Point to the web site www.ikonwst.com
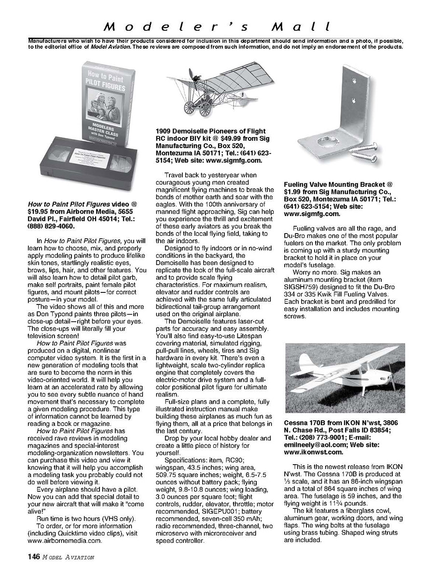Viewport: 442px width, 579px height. tap(314, 452)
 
